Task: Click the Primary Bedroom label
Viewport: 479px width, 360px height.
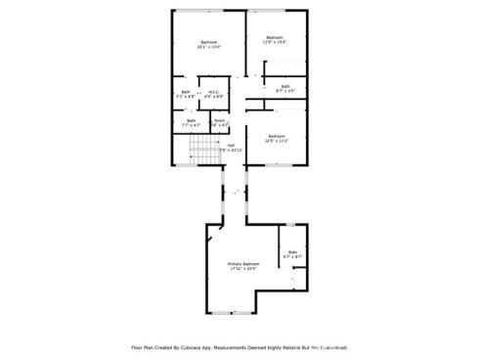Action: (x=243, y=263)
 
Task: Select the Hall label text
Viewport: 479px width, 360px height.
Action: (x=231, y=145)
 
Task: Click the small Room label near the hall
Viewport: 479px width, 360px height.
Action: (x=220, y=120)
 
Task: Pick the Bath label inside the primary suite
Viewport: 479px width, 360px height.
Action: (x=292, y=251)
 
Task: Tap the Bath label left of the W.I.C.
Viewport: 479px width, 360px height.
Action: (x=186, y=93)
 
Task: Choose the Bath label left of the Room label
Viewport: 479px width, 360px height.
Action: (x=191, y=120)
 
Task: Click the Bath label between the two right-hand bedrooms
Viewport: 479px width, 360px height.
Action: (x=285, y=87)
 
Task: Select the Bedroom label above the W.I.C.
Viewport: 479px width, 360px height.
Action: (x=208, y=42)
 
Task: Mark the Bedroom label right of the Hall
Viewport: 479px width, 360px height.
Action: (x=276, y=136)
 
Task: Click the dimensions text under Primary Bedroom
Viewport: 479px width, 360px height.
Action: (x=243, y=269)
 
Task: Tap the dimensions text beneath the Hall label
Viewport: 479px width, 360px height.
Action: (x=231, y=150)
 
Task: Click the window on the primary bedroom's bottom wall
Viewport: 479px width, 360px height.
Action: (x=232, y=312)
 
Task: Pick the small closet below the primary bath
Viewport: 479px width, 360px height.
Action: (x=300, y=282)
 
